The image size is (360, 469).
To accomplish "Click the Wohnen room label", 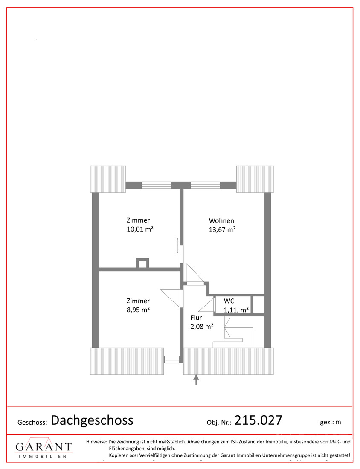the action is (x=221, y=221).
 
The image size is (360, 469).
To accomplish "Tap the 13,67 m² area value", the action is (x=222, y=230).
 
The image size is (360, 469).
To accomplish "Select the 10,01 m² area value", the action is (x=140, y=229).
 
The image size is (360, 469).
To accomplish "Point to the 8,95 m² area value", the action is (x=138, y=310).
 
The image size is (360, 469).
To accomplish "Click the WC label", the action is (x=229, y=301).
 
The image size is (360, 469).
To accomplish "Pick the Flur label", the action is (x=196, y=318).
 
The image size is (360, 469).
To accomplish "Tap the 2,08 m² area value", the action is (x=202, y=327).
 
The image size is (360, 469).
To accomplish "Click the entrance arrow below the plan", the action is (x=196, y=380).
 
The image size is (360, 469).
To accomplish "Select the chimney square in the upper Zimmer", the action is (x=142, y=263).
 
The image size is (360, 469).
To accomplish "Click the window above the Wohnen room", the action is (x=205, y=185).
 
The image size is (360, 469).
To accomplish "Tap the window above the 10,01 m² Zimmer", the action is (x=156, y=185).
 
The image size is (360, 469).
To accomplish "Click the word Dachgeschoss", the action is (x=92, y=420).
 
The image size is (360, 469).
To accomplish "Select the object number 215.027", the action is (x=258, y=420).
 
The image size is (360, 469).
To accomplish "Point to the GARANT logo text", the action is (x=44, y=447).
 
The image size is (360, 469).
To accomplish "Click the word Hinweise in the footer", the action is (x=96, y=442).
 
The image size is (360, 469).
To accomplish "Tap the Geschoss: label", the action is (x=32, y=423).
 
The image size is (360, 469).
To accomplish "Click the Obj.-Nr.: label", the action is (x=219, y=423).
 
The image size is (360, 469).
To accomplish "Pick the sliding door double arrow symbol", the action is (x=177, y=246).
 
